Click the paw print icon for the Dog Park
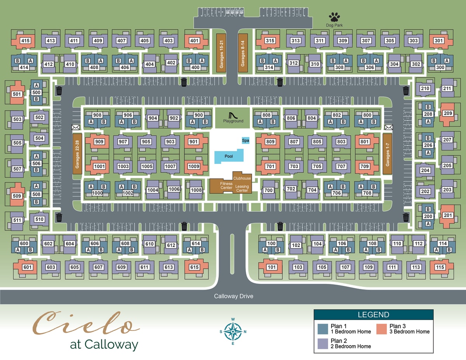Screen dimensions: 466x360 [x=334, y=17]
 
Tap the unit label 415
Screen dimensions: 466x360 [x=25, y=40]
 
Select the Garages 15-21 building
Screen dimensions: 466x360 [x=221, y=53]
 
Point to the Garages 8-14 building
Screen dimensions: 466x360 [x=243, y=53]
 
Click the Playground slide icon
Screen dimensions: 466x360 [x=233, y=115]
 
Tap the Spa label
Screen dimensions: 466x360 [x=245, y=141]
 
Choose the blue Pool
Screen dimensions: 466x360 [x=229, y=156]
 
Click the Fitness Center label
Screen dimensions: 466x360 [x=226, y=186]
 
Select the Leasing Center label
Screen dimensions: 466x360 [x=242, y=188]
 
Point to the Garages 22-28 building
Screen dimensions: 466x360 [x=77, y=154]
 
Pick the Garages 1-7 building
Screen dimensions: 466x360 [x=387, y=154]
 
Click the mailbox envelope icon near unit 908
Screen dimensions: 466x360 [x=75, y=127]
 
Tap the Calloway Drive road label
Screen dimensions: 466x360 [x=233, y=296]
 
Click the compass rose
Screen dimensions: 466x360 [x=233, y=332]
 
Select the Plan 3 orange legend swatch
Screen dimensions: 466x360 [x=381, y=329]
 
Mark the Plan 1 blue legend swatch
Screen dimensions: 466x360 [x=323, y=329]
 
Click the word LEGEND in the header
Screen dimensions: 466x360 [x=373, y=315]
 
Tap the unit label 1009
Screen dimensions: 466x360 [x=194, y=166]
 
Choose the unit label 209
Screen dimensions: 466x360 [x=448, y=113]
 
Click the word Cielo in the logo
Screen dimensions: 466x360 [x=86, y=323]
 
